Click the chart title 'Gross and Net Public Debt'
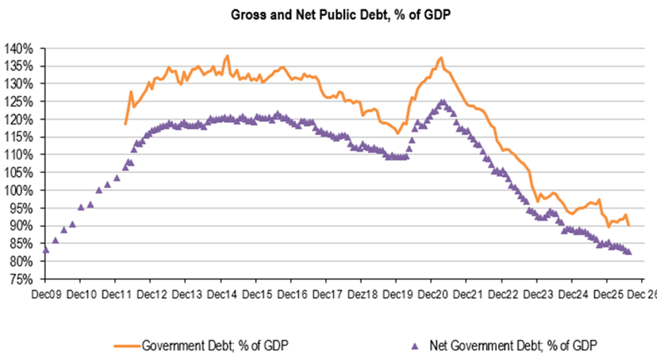click(309, 14)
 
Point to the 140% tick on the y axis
click(18, 48)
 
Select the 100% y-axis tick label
click(18, 190)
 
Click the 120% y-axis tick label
click(18, 120)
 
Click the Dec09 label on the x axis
click(47, 295)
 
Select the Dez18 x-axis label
click(363, 295)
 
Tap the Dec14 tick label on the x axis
click(222, 295)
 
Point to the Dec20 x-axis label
click(432, 295)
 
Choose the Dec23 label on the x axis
click(539, 295)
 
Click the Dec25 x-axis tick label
click(609, 295)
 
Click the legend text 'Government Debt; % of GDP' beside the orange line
click(215, 346)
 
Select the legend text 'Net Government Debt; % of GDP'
click(513, 346)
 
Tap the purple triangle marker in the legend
click(415, 347)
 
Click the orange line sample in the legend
click(127, 347)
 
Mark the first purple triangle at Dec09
click(46, 250)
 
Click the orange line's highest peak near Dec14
click(227, 56)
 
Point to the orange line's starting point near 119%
click(125, 124)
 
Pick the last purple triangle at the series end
click(628, 252)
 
